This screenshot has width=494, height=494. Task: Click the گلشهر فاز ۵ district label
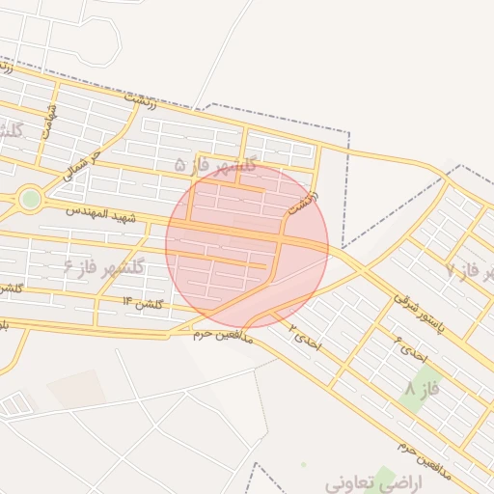(x=216, y=166)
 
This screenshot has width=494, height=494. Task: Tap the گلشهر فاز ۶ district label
(x=103, y=266)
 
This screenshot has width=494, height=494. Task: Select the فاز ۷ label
(x=464, y=270)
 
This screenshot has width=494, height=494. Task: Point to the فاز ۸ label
(x=423, y=389)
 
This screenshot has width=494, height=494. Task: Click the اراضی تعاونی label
(x=367, y=480)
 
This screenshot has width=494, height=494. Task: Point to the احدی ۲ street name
(x=304, y=333)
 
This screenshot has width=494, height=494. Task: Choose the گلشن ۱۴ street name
(x=142, y=303)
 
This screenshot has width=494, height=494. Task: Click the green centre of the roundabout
(x=31, y=199)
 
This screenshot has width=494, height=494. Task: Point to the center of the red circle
(x=247, y=246)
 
